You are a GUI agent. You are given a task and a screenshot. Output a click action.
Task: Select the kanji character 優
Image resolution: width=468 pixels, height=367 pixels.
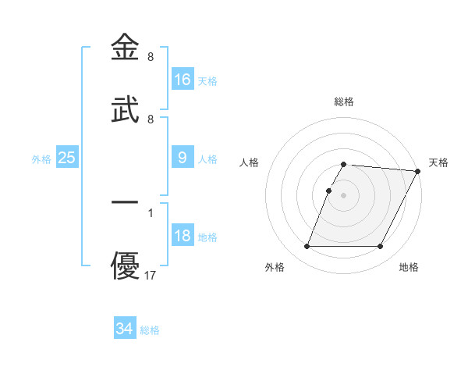click(x=126, y=266)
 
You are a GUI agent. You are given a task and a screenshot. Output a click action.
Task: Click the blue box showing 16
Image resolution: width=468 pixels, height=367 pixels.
click(x=183, y=80)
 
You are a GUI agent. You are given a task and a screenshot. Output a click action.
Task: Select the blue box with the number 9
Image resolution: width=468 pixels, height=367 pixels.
click(x=183, y=158)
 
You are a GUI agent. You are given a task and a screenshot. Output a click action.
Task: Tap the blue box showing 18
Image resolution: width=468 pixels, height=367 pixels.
click(x=183, y=237)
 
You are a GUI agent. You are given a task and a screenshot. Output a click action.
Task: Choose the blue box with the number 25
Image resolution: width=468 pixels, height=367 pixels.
click(x=67, y=158)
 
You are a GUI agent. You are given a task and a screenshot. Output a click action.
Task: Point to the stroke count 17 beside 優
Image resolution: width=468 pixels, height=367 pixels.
click(x=151, y=276)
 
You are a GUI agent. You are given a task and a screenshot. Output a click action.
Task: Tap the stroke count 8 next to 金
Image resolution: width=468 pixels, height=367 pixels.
click(x=150, y=57)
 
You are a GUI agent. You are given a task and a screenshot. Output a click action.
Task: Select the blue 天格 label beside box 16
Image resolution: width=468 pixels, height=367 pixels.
click(x=207, y=81)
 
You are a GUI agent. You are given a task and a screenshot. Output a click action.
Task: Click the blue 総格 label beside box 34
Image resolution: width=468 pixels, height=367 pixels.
click(x=150, y=330)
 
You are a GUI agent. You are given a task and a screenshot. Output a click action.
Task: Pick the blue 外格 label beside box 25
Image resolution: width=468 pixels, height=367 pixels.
click(x=41, y=159)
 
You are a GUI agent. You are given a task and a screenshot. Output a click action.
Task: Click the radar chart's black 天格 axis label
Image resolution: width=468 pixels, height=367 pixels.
click(x=438, y=162)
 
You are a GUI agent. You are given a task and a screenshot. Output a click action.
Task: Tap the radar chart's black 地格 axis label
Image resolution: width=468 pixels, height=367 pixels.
click(x=409, y=268)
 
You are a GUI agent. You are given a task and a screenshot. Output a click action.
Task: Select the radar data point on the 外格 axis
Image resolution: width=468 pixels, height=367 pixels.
click(x=307, y=247)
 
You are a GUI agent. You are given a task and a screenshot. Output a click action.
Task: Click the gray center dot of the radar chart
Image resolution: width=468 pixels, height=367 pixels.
click(x=344, y=194)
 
